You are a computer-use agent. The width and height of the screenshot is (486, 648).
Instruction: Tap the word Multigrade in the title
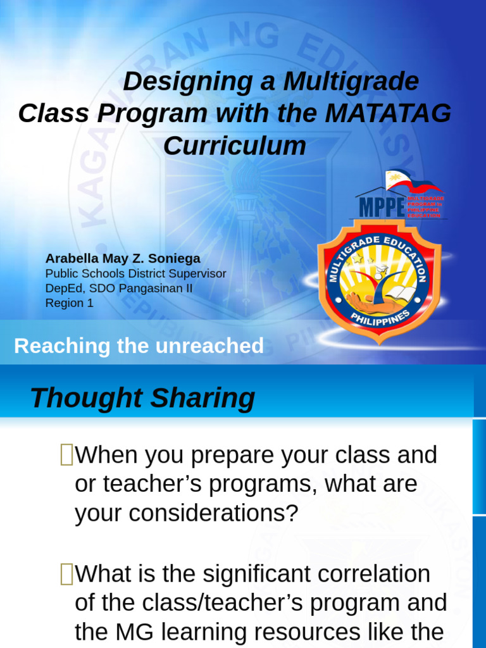[351, 82]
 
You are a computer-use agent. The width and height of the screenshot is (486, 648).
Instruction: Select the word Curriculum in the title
[235, 146]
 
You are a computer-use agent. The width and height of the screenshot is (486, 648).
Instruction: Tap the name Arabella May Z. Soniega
[123, 259]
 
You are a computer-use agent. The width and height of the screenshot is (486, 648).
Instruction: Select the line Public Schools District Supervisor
[135, 274]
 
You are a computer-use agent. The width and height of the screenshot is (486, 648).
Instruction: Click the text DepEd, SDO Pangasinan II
[119, 289]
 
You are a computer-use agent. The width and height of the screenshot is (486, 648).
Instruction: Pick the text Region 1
[70, 303]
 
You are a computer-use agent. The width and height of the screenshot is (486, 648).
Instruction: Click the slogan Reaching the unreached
[139, 346]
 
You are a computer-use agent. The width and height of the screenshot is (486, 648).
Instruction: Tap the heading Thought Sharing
[142, 399]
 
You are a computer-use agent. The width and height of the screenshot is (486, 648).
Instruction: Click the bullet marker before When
[66, 454]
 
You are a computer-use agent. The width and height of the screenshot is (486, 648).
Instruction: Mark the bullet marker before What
[66, 573]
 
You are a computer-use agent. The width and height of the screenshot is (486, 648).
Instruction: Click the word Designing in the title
[180, 82]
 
